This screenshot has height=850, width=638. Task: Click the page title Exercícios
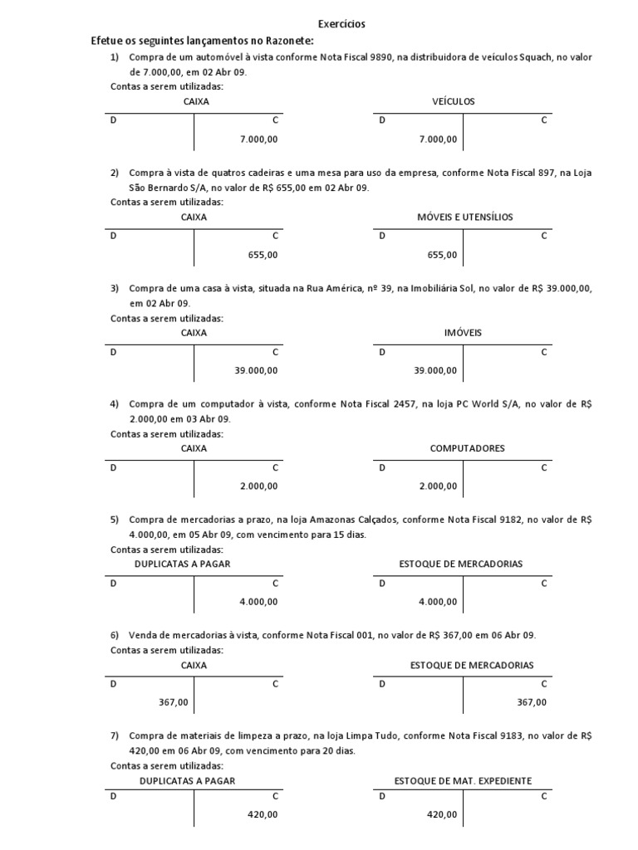coord(342,25)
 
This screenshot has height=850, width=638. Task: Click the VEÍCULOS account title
coord(454,101)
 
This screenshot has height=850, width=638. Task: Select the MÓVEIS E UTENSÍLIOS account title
coord(465,217)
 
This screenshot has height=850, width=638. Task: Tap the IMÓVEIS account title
coord(463,332)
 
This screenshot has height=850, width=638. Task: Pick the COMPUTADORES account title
coord(467,448)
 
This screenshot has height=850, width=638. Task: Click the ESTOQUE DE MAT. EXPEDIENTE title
coord(463,780)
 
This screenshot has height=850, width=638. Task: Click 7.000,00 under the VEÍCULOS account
coord(438,139)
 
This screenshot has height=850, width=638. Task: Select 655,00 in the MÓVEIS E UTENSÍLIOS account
coord(442,255)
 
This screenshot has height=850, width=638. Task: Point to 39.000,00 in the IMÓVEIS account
coord(434,370)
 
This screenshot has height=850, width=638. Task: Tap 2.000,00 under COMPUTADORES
coord(438,486)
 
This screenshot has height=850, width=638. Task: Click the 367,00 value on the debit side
coord(174,702)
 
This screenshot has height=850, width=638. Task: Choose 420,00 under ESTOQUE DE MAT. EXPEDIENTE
coord(442,815)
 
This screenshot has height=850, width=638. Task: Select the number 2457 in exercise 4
coord(403,404)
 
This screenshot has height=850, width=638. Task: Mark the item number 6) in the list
coord(115,635)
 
